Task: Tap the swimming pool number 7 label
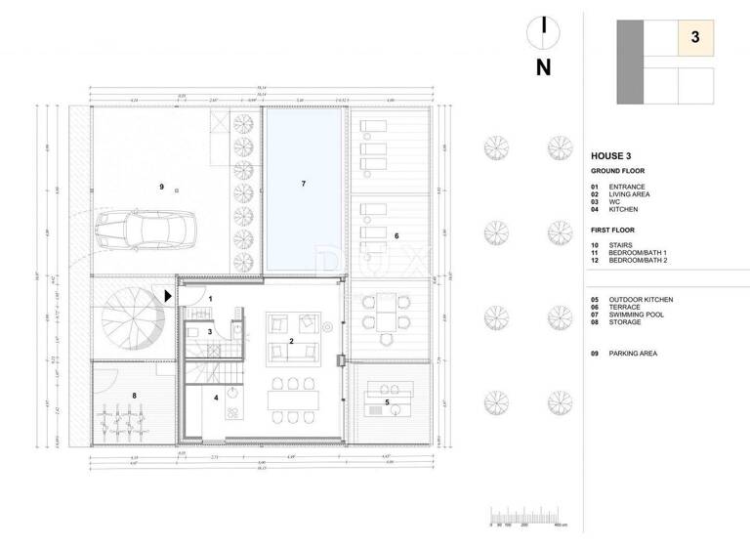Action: [x=304, y=184]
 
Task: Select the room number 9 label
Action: [x=161, y=186]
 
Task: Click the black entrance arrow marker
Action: [x=169, y=295]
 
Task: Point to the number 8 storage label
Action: [x=136, y=395]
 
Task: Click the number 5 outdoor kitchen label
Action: [x=387, y=402]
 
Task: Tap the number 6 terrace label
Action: [x=396, y=235]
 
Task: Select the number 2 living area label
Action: [x=291, y=341]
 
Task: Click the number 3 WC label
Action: [x=210, y=332]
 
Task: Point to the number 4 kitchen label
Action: [x=216, y=398]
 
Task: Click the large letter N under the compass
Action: [x=544, y=68]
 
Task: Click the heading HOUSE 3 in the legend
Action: [x=616, y=156]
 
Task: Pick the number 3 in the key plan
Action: [x=694, y=38]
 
